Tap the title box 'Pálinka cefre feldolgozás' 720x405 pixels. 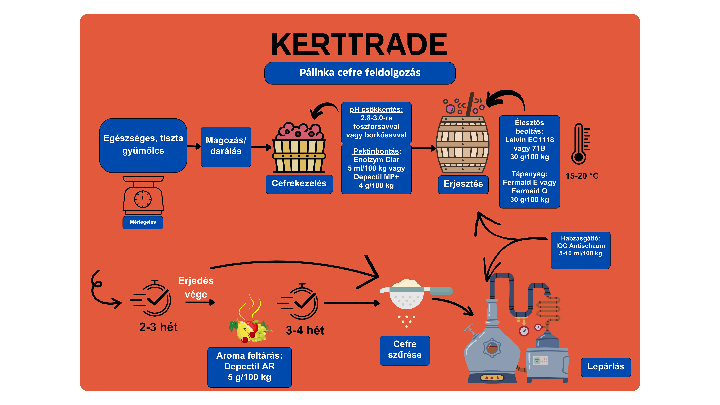[x=360, y=73]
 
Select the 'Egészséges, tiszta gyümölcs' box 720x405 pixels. [x=143, y=145]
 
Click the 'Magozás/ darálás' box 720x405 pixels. [x=226, y=147]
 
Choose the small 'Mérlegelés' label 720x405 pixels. [x=143, y=222]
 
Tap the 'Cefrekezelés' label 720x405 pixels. [x=299, y=184]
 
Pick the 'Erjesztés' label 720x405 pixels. [x=463, y=184]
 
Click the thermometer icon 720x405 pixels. [x=580, y=144]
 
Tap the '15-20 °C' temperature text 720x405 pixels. [x=582, y=176]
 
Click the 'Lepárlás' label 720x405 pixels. [x=606, y=367]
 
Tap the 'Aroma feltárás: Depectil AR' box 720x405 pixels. [x=249, y=367]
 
